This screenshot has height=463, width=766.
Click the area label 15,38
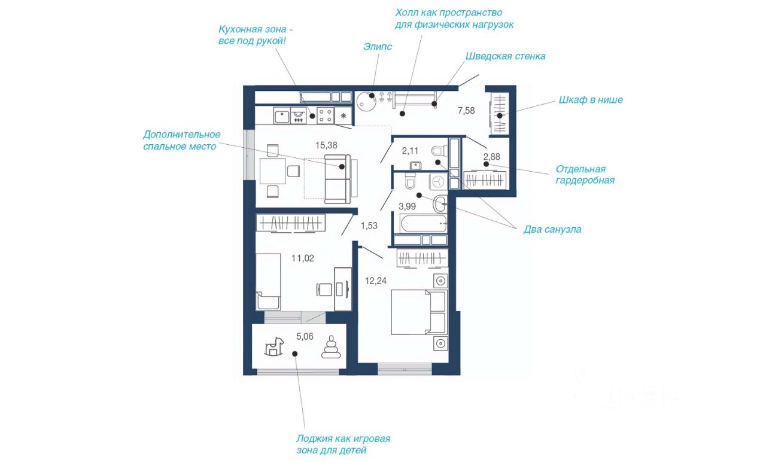point(326,145)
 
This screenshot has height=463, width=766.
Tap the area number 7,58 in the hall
point(466,111)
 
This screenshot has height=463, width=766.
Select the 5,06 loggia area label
point(305,336)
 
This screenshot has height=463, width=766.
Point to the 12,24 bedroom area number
point(376,281)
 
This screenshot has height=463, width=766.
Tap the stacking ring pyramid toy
point(331,347)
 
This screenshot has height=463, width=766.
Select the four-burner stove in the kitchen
point(325,115)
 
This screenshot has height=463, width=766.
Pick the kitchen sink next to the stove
point(282,115)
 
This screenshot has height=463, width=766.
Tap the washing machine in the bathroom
point(438,181)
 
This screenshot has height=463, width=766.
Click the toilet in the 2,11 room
point(439,151)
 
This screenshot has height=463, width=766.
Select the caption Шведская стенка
point(506,56)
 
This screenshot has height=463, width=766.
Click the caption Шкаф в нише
point(591,100)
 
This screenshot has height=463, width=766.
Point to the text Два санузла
point(552,230)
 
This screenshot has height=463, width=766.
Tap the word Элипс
point(378,47)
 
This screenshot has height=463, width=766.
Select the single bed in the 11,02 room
point(268,281)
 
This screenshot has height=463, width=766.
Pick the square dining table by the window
point(272,171)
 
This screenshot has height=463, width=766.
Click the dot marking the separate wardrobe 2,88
point(486,164)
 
